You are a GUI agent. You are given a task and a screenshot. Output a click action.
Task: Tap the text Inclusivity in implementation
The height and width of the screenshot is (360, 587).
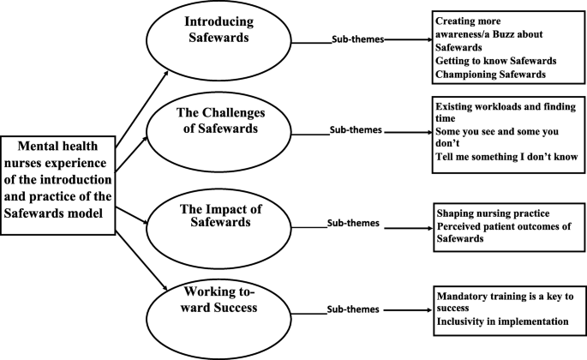tap(502, 322)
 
